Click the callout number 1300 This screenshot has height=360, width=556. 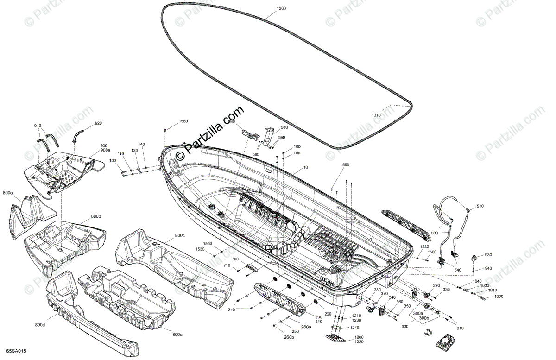(x=281, y=9)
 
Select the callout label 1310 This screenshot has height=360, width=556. (x=376, y=115)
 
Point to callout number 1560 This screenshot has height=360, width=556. (x=183, y=121)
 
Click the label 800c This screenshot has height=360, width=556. (x=180, y=236)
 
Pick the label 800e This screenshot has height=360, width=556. (x=177, y=334)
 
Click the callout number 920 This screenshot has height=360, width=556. (x=98, y=123)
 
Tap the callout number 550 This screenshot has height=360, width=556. (x=346, y=165)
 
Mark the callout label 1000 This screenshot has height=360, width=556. (x=499, y=297)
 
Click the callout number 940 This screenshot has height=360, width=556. (x=488, y=268)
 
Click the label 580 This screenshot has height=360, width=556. (x=284, y=127)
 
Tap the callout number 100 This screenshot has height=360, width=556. (x=113, y=160)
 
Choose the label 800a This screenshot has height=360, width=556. (x=7, y=192)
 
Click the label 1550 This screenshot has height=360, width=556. (x=207, y=243)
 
